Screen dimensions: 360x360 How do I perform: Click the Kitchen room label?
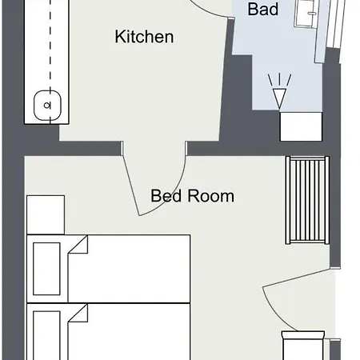pyautogui.click(x=144, y=37)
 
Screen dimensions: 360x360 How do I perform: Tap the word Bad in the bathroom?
pyautogui.click(x=263, y=10)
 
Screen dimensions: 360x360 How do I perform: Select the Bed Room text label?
pyautogui.click(x=192, y=195)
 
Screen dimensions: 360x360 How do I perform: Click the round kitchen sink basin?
pyautogui.click(x=46, y=104)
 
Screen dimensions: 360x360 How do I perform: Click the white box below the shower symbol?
pyautogui.click(x=300, y=126)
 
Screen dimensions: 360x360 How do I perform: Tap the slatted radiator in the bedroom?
pyautogui.click(x=307, y=200)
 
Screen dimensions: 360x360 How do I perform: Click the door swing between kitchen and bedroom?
pyautogui.click(x=152, y=184)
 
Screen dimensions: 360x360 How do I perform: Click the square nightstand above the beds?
pyautogui.click(x=46, y=214)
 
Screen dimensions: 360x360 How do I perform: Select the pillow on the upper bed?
pyautogui.click(x=46, y=268)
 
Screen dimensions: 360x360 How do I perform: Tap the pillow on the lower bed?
pyautogui.click(x=46, y=332)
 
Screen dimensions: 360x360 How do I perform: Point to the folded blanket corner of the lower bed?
pyautogui.click(x=78, y=315)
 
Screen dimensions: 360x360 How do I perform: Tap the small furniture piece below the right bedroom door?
pyautogui.click(x=304, y=346)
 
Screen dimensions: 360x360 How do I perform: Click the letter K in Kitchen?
pyautogui.click(x=120, y=37)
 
